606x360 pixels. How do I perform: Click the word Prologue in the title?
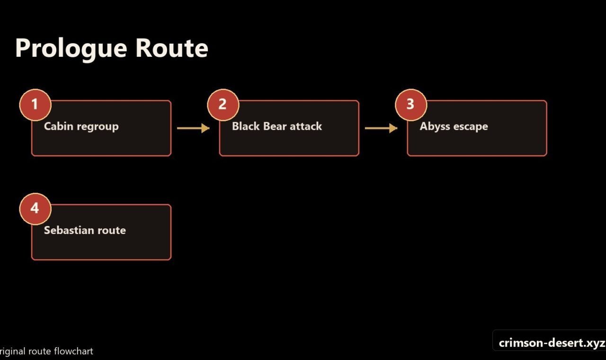point(71,49)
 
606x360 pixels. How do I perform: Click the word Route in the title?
point(172,48)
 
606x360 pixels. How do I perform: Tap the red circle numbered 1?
point(35,105)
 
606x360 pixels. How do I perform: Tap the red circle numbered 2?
point(223,105)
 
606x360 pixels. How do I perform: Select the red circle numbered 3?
point(411,105)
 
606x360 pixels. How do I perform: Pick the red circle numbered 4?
point(35,209)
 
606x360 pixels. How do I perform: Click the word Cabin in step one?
point(58,126)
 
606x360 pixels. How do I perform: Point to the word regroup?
point(98,127)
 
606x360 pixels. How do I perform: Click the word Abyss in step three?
point(435,126)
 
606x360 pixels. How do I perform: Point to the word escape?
point(471,127)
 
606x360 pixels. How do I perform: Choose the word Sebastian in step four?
point(69,230)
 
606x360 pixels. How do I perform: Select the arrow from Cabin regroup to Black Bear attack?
point(193,128)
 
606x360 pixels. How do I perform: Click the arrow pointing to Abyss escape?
point(381,128)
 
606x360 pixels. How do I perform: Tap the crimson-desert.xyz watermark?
point(552,343)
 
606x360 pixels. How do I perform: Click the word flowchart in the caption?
point(73,351)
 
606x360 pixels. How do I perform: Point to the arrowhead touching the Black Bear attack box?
point(205,128)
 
